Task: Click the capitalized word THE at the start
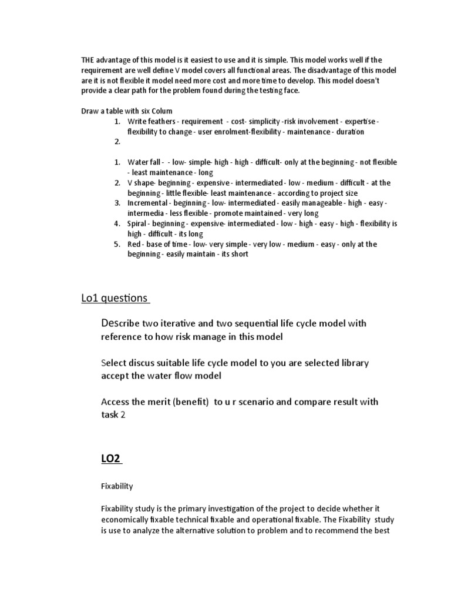pos(87,60)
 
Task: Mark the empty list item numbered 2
pos(117,142)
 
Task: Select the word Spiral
pos(138,224)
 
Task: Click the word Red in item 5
pos(134,244)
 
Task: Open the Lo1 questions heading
pos(115,298)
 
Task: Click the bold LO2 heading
pos(110,459)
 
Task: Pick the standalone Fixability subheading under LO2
pos(117,486)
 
